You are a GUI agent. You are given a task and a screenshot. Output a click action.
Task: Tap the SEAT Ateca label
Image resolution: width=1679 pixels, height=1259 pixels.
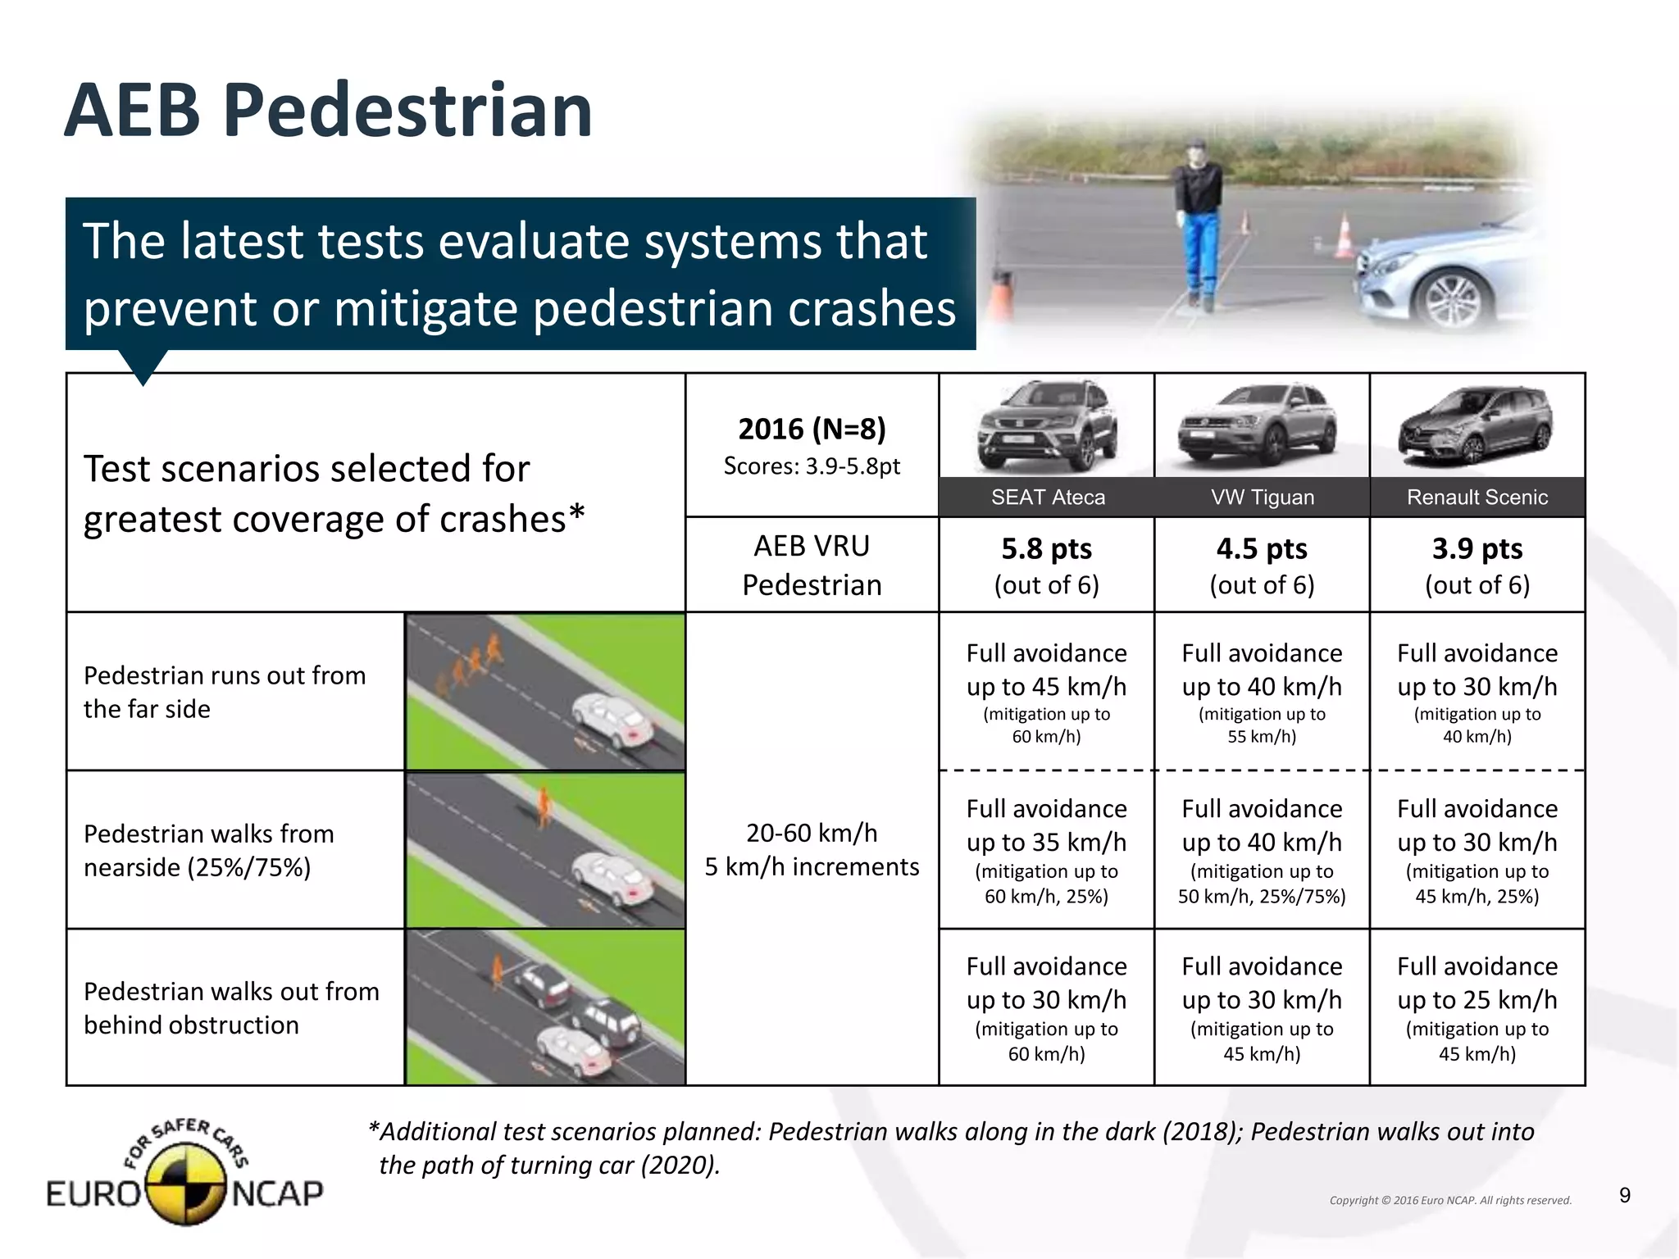1048,497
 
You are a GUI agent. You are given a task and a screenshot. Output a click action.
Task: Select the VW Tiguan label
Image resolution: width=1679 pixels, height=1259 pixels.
1263,497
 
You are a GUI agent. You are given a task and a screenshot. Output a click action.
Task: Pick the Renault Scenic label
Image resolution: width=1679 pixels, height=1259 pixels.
1477,497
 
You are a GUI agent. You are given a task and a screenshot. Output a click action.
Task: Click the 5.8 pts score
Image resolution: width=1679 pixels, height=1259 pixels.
1046,548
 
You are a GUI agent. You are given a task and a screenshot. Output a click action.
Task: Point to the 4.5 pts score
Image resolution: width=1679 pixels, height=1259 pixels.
1262,548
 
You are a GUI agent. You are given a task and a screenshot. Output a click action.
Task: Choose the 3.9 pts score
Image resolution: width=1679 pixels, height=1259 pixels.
1477,548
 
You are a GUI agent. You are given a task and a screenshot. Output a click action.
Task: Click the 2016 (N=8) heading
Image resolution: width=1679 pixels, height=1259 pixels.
812,429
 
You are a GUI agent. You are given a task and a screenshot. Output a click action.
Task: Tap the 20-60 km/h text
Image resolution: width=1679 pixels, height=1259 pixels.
812,833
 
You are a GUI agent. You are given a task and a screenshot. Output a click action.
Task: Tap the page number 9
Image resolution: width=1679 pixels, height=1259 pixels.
1625,1196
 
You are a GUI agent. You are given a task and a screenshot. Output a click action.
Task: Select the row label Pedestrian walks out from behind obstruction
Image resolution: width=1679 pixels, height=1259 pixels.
231,1007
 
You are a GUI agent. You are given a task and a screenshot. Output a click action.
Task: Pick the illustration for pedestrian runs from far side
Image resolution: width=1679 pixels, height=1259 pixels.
545,692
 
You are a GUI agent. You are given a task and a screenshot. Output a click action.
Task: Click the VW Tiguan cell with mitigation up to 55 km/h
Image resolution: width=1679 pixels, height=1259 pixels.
1262,692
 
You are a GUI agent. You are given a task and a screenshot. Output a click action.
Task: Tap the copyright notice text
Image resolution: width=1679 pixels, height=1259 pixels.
1450,1200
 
